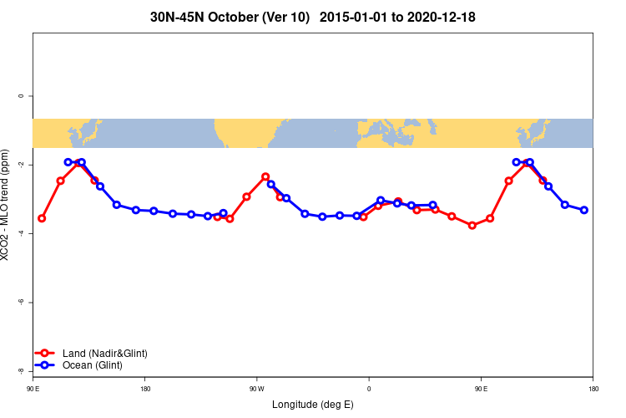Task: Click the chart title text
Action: point(312,17)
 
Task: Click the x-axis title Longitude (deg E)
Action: point(312,405)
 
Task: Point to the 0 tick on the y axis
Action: point(21,96)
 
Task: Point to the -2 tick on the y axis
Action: point(21,165)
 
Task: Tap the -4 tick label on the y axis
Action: point(21,233)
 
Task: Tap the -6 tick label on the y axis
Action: point(21,302)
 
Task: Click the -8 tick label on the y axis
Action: point(21,370)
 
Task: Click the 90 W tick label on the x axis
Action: point(256,389)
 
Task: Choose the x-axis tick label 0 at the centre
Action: point(368,389)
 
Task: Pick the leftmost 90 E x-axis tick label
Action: point(33,389)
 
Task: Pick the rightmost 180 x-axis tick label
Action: point(593,389)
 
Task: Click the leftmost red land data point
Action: point(42,218)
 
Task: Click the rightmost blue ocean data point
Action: point(584,210)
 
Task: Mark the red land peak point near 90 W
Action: point(265,176)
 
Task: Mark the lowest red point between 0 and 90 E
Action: point(472,225)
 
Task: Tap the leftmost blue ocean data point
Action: point(68,162)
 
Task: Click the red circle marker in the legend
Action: point(46,354)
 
